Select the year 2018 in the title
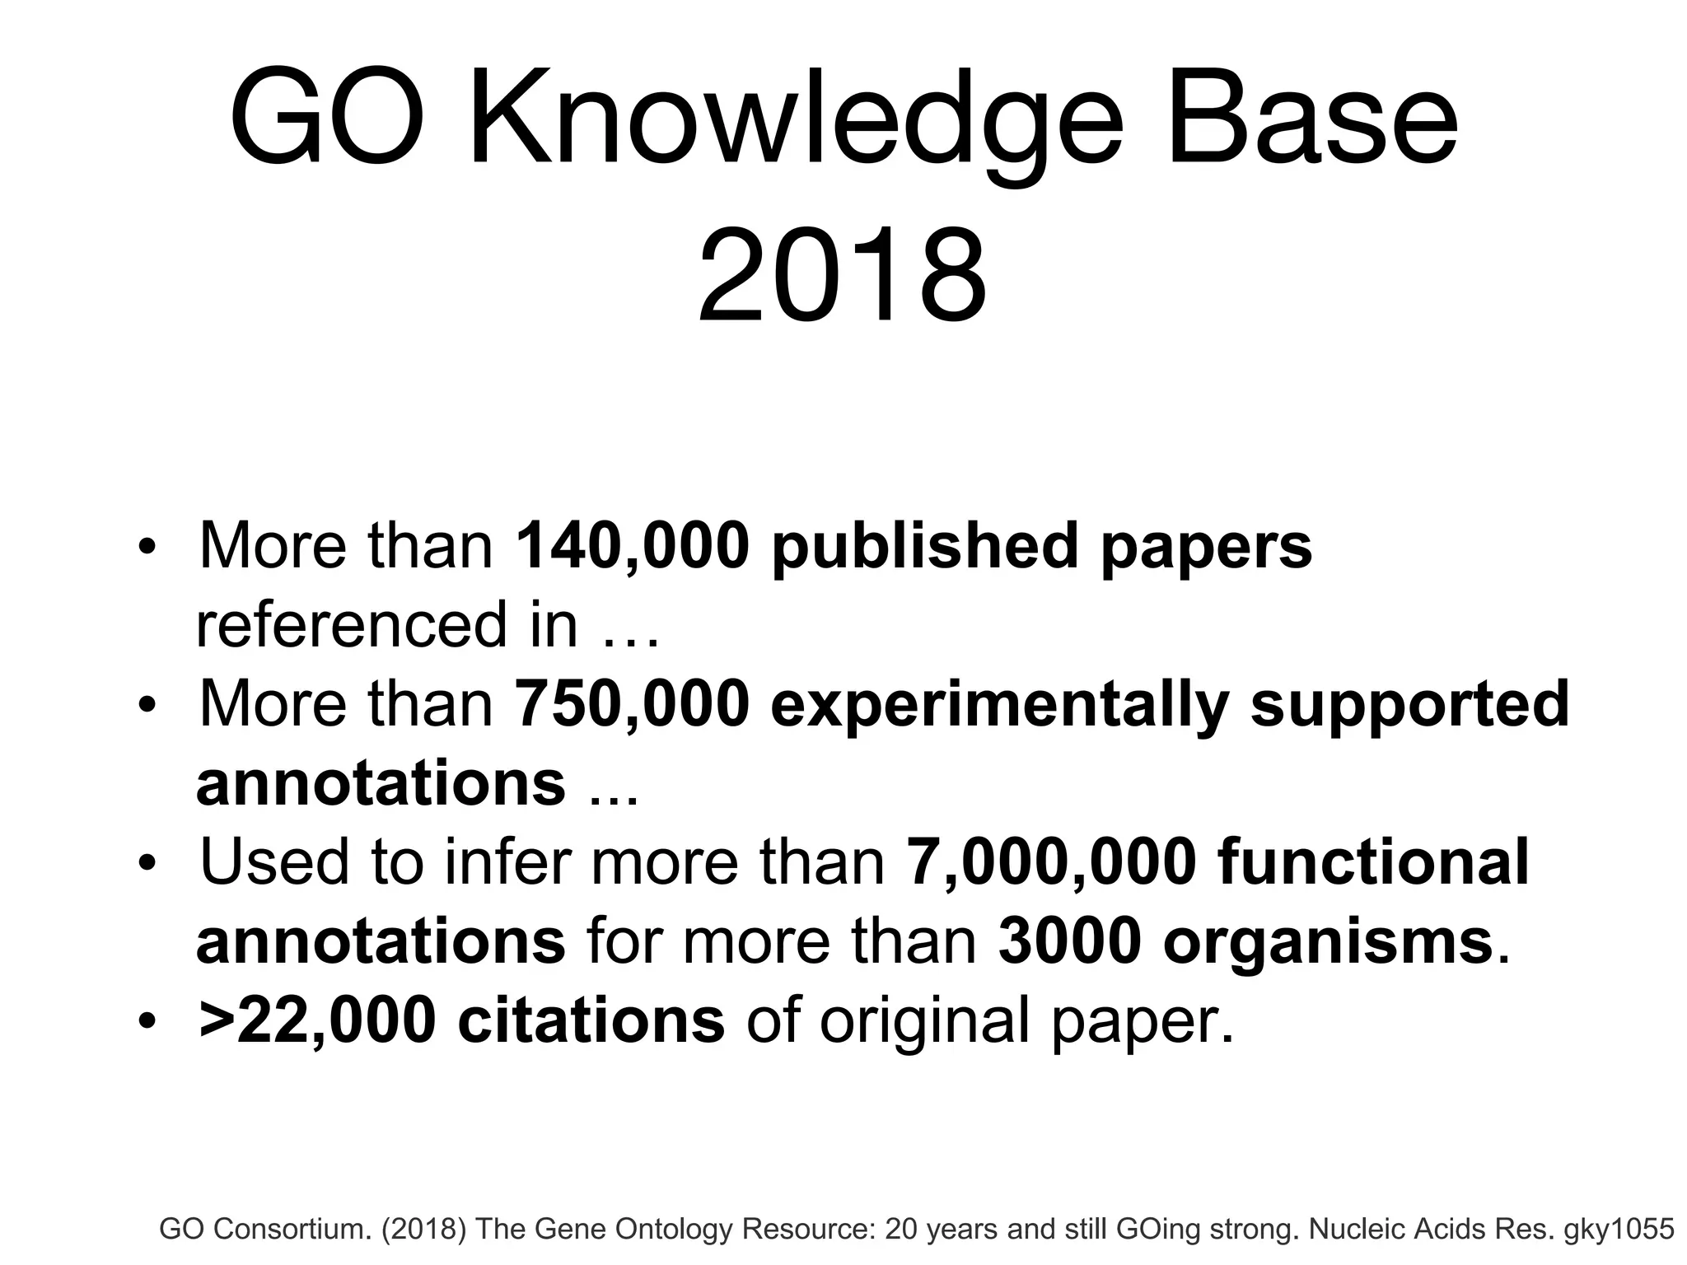point(842,277)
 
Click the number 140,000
point(633,545)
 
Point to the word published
point(924,547)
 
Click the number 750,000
point(633,704)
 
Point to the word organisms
point(1328,941)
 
